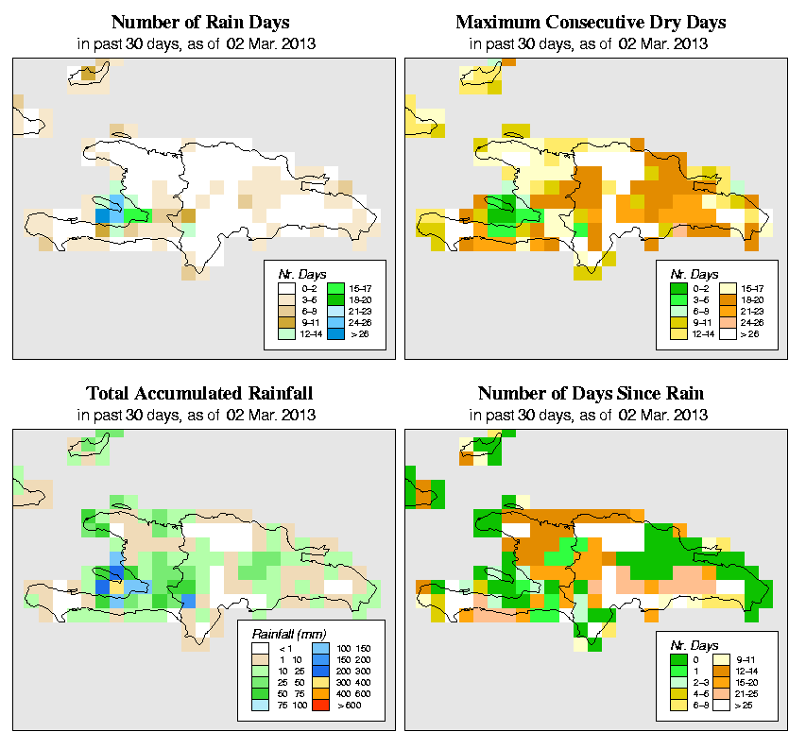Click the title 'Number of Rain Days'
(200, 22)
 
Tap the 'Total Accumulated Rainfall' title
(200, 393)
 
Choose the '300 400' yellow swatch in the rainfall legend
(317, 680)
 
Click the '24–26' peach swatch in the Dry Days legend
(728, 321)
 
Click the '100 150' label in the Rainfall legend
(352, 648)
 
